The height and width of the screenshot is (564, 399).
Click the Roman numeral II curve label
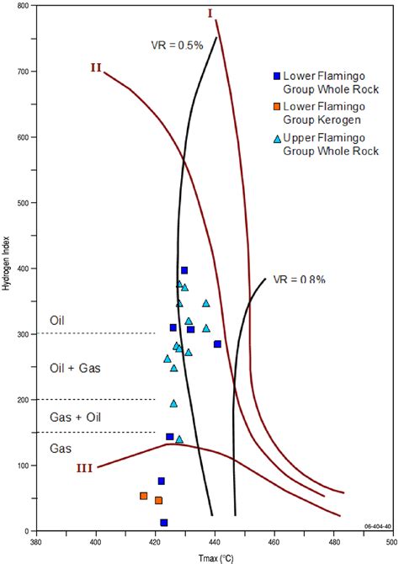click(x=96, y=67)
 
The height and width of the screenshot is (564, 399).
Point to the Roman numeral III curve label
click(x=84, y=469)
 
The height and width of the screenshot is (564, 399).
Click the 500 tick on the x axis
click(x=393, y=542)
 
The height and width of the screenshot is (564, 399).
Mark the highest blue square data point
click(x=184, y=270)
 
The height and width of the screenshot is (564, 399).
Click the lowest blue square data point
click(x=164, y=523)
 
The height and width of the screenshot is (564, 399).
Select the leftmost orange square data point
click(x=143, y=496)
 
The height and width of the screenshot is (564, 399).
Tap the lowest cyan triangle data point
click(x=179, y=439)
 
